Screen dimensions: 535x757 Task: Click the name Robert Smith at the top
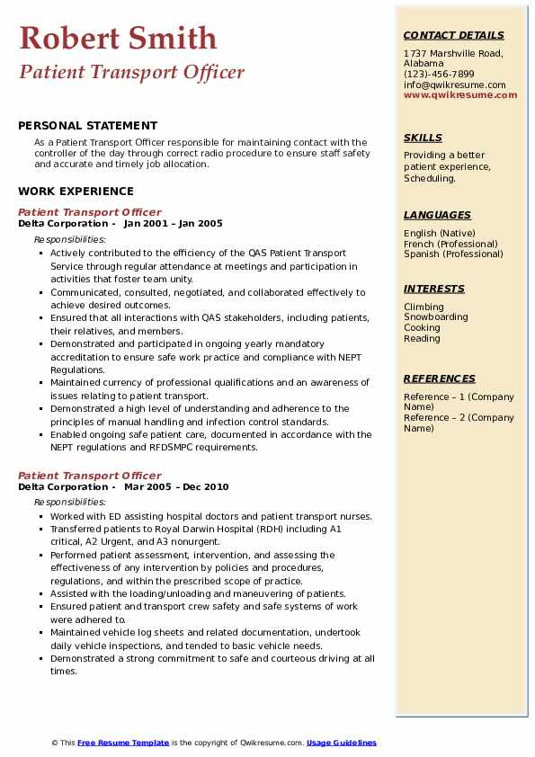point(118,38)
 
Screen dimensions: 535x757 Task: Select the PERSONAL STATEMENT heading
point(87,126)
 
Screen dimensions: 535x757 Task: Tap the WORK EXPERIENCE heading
point(76,191)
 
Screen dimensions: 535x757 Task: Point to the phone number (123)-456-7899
point(439,75)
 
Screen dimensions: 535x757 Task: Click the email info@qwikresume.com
point(454,85)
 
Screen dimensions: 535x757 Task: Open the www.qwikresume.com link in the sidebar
point(460,95)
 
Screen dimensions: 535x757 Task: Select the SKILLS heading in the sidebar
point(423,138)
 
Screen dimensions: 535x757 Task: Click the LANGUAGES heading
point(437,215)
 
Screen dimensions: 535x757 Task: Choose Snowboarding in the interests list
point(435,317)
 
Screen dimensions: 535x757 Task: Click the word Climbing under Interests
point(424,307)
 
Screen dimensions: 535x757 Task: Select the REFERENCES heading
point(440,378)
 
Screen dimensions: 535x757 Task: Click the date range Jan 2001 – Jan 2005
point(173,224)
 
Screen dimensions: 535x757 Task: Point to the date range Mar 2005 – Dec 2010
point(176,487)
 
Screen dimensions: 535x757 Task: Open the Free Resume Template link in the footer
point(123,743)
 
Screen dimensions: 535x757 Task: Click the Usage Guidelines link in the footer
point(341,743)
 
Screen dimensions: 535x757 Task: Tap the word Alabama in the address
point(424,64)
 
